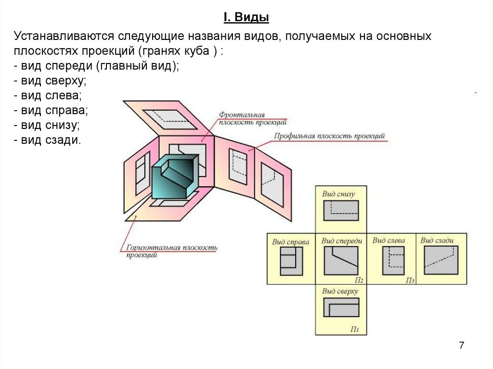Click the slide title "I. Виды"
246,18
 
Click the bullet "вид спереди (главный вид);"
96,66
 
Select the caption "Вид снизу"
338,194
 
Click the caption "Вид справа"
290,242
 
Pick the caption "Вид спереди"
341,241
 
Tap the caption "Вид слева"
389,240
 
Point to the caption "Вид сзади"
437,240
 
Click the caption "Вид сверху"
340,291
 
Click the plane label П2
358,280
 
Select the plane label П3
410,280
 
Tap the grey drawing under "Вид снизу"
341,210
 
